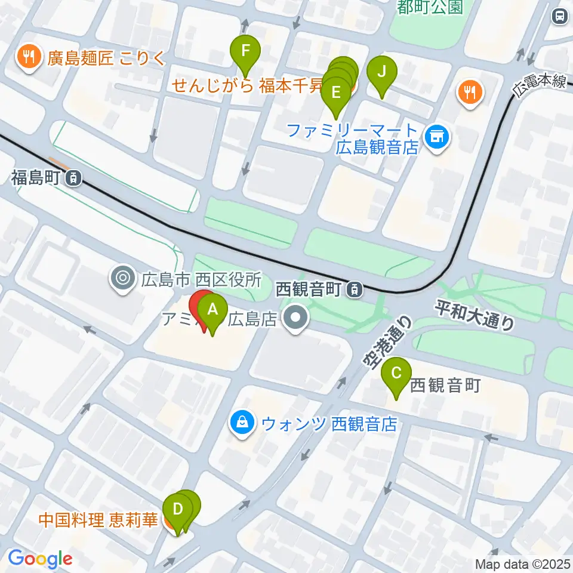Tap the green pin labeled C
[x=396, y=374]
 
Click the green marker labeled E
[x=335, y=93]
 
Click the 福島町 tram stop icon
[x=73, y=177]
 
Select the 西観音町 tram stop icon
[x=355, y=290]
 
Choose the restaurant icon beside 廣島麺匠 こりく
[x=27, y=57]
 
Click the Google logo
[x=40, y=559]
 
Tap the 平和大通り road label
[x=475, y=315]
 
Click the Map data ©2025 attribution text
[x=523, y=563]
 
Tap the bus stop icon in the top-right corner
[x=560, y=16]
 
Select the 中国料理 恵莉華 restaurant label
[x=98, y=520]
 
